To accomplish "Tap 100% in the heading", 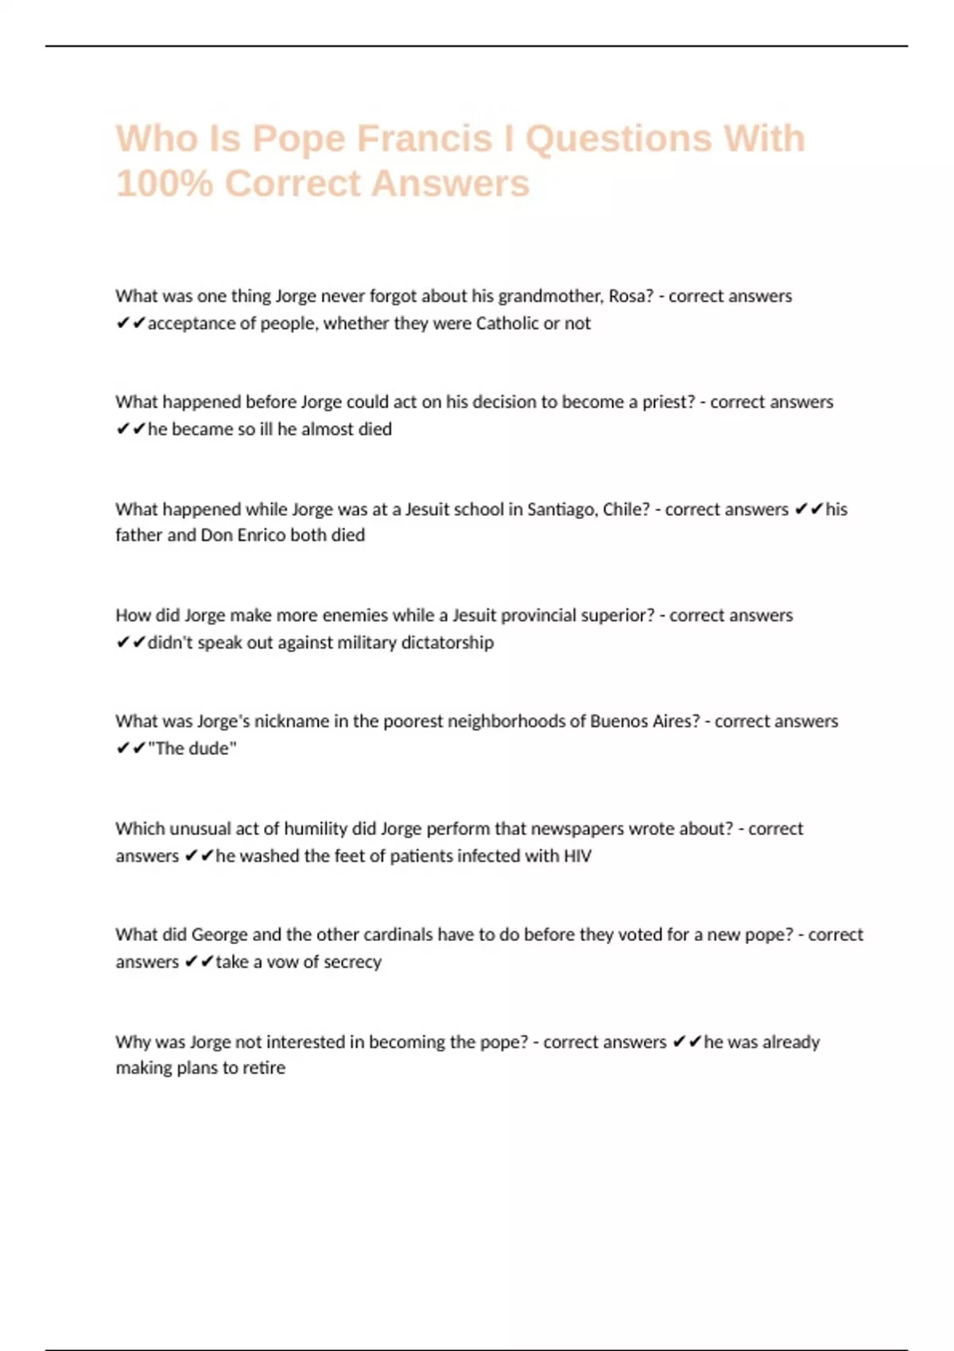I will [x=164, y=184].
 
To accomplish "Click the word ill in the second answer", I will [x=267, y=429].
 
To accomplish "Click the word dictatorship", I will [x=447, y=643].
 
